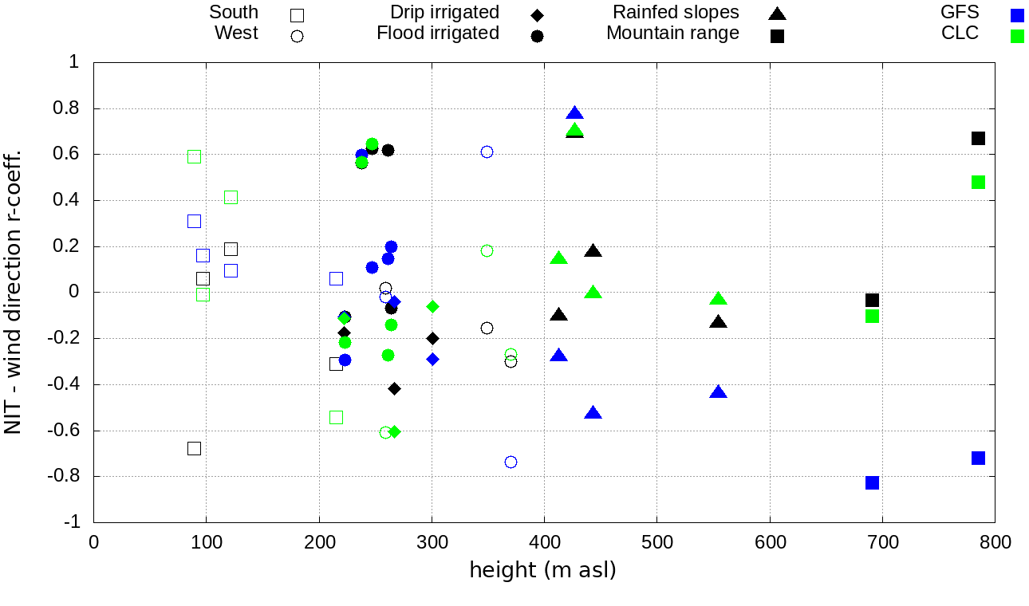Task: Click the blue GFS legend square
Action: pos(1016,15)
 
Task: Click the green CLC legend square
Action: pos(1016,36)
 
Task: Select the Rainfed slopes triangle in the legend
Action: pos(777,14)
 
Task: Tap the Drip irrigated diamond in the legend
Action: pos(537,14)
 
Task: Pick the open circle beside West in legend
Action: pos(297,36)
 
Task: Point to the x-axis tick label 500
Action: pos(656,543)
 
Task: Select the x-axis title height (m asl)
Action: pos(542,570)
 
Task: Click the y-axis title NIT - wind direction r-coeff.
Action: pos(14,291)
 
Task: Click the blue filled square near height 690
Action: pos(872,482)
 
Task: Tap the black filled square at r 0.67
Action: pos(978,138)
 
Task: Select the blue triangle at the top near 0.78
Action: pos(575,113)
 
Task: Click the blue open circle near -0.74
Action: pos(511,462)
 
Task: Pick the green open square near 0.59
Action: pos(194,156)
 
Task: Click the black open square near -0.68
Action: pos(194,448)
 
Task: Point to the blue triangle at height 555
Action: pos(718,392)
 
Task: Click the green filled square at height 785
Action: pos(978,182)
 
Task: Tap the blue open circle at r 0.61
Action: pos(487,151)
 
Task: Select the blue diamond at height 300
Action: pos(432,359)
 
